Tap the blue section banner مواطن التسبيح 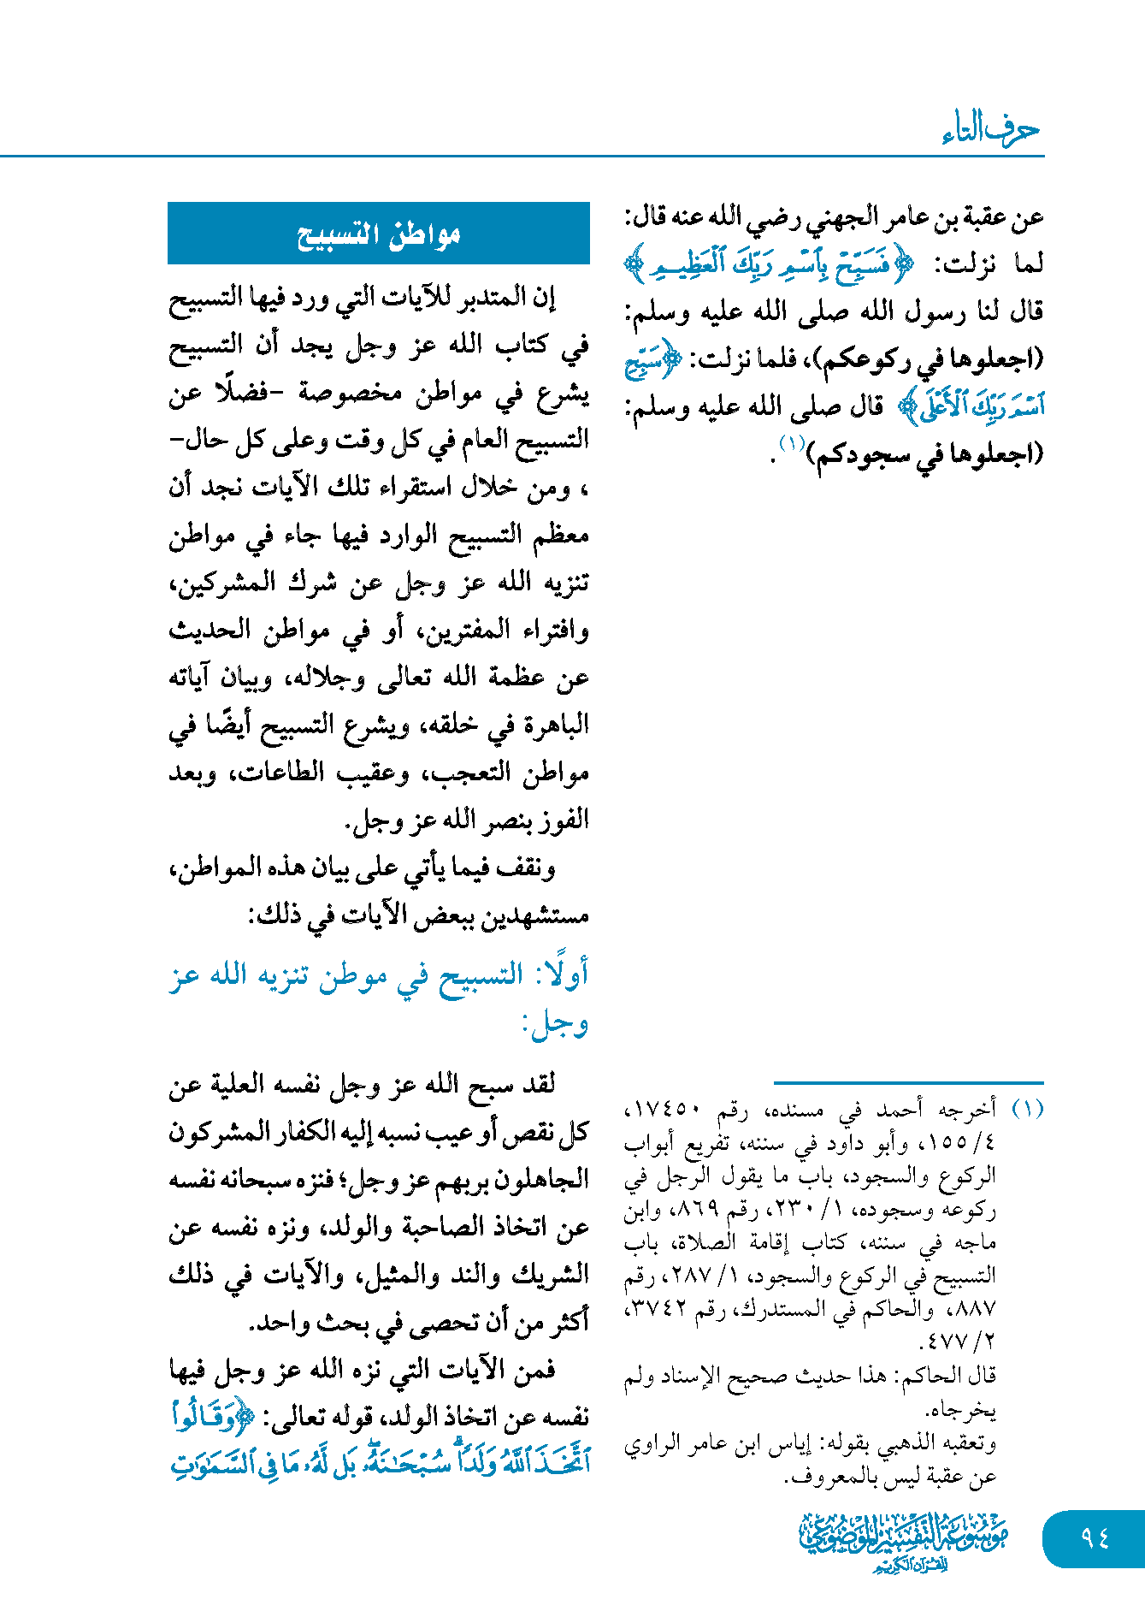click(379, 234)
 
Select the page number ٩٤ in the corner click(1095, 1538)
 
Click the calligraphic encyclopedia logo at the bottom click(904, 1541)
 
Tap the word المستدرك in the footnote click(769, 1308)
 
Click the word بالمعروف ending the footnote click(826, 1477)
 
